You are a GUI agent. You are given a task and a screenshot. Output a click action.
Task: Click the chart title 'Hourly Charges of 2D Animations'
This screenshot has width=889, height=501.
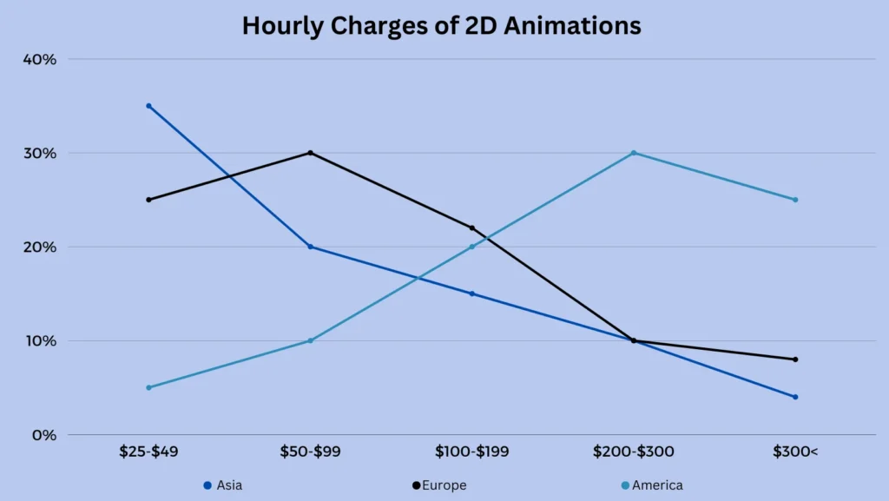coord(442,26)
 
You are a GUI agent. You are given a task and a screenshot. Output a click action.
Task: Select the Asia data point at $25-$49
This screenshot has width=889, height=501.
coord(148,106)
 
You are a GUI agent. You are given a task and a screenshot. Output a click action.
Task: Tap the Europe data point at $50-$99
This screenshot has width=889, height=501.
coord(310,153)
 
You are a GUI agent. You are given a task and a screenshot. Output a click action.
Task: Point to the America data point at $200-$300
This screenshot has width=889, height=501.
coord(634,153)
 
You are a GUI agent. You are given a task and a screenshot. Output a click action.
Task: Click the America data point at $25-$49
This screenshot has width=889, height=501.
coord(148,387)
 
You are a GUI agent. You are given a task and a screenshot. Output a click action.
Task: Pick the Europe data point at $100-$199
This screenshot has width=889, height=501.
coord(472,227)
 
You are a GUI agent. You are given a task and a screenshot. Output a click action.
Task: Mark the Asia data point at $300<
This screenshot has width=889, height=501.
coord(795,397)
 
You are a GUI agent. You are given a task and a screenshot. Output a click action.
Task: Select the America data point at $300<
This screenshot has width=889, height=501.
coord(795,200)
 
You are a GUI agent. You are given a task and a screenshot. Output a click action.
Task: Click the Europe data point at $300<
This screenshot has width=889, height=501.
coord(795,359)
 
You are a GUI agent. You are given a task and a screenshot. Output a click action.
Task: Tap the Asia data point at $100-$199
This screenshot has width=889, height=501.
coord(472,293)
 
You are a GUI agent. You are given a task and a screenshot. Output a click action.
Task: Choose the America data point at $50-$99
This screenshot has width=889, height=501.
coord(310,340)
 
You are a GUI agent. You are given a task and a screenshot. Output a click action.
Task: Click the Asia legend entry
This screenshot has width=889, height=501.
coord(223,485)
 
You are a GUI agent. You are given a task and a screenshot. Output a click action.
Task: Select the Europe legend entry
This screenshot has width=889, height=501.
coord(439,485)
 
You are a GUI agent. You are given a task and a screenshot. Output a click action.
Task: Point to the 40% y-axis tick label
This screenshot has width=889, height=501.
coord(39,59)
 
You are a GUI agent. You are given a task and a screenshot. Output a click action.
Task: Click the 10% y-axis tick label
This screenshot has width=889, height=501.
coord(39,340)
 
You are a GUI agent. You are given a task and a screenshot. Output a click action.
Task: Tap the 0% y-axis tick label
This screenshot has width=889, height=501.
coord(43,434)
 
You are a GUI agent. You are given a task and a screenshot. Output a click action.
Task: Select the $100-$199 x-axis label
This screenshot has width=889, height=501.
coord(472,452)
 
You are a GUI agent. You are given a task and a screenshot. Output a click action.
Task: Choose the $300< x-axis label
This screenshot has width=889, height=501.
coord(795,452)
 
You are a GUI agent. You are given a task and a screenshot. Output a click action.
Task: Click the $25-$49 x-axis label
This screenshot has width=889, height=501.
coord(148,452)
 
